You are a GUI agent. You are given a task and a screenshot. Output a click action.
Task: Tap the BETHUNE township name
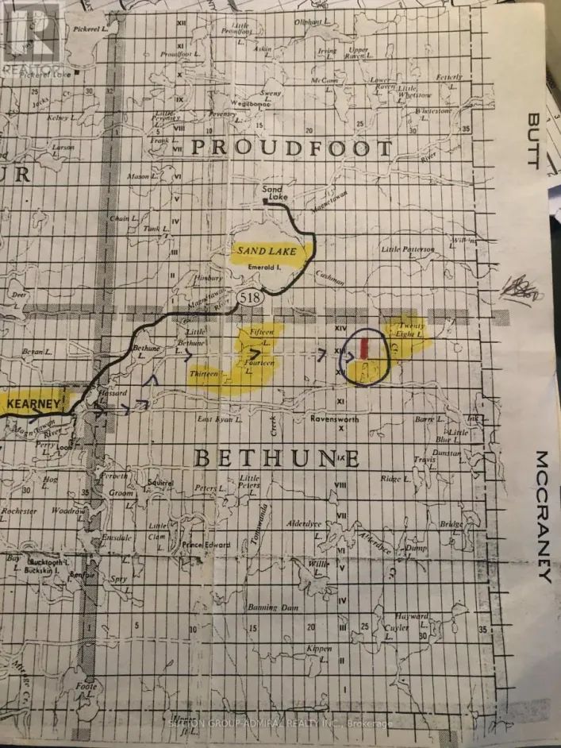click(277, 458)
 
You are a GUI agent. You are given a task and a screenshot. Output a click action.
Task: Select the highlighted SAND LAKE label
click(265, 252)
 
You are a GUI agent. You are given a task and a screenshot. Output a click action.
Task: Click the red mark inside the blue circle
click(364, 348)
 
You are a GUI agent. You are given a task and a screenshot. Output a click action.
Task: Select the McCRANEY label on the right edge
click(543, 516)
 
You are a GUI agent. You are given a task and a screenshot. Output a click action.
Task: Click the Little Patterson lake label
click(408, 249)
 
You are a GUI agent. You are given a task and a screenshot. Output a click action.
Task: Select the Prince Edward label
click(206, 545)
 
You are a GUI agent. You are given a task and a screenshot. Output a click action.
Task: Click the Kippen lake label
click(319, 648)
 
